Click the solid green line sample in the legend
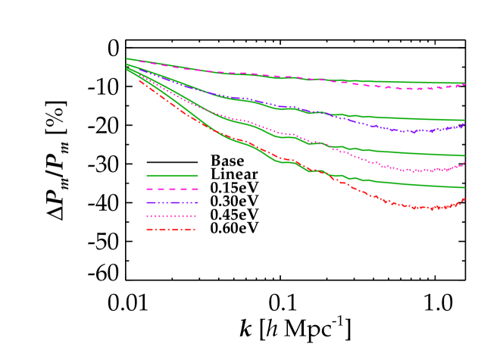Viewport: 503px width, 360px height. pos(172,175)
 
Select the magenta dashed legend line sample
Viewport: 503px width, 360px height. pos(172,189)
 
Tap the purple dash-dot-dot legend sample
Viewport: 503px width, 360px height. pos(172,202)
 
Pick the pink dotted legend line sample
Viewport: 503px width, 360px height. pos(172,216)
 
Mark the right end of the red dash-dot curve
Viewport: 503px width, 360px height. pos(464,199)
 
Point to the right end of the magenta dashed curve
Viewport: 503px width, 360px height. pos(464,85)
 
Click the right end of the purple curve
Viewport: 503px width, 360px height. pos(464,124)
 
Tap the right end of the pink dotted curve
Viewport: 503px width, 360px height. pos(464,162)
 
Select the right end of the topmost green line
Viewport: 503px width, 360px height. pos(464,83)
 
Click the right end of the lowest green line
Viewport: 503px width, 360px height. pos(464,187)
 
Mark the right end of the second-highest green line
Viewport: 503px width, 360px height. pos(464,120)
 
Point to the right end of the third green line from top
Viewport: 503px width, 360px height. pos(464,155)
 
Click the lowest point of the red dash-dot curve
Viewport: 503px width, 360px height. pos(431,208)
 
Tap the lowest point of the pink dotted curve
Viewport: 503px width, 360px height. pos(416,171)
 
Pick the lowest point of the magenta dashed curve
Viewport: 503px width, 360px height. pos(417,89)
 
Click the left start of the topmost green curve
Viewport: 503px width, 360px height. pos(127,58)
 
